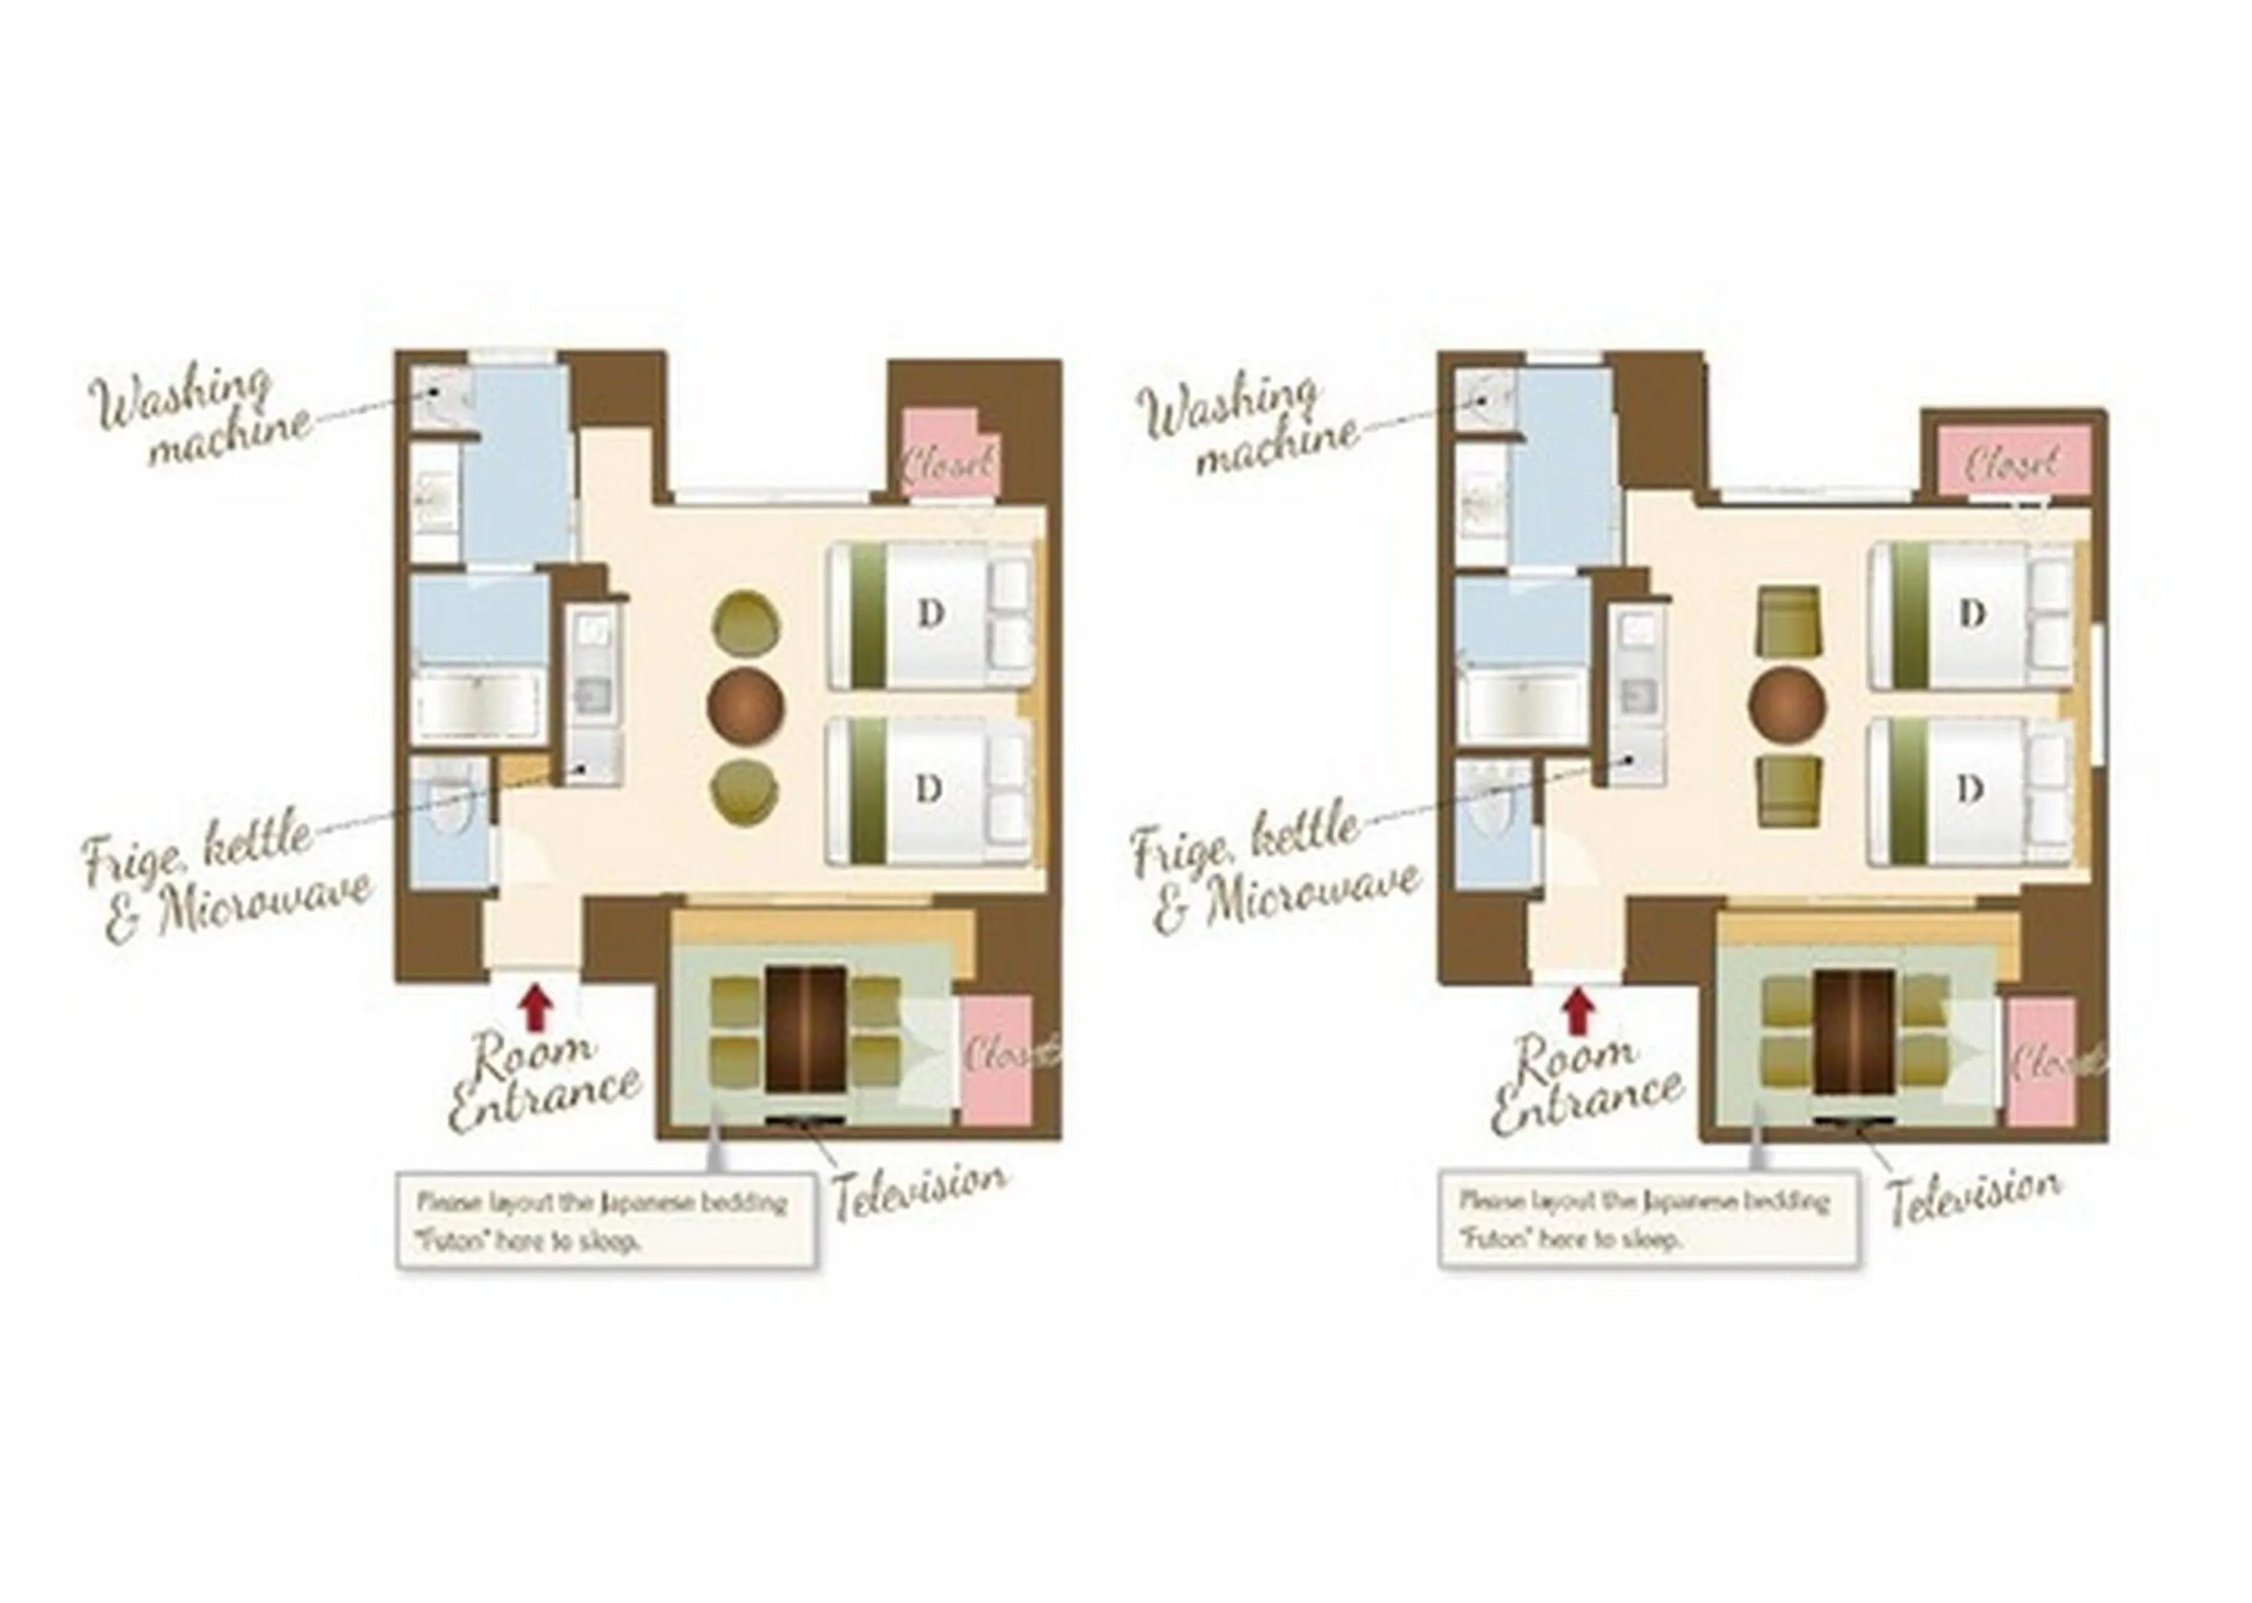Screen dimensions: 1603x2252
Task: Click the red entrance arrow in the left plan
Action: pyautogui.click(x=537, y=1011)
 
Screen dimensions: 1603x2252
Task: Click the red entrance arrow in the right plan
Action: pyautogui.click(x=1580, y=1011)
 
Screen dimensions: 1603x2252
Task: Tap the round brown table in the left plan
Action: pyautogui.click(x=745, y=706)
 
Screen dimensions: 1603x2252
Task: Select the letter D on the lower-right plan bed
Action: pyautogui.click(x=1970, y=789)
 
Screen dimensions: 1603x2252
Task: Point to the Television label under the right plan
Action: pyautogui.click(x=1973, y=1197)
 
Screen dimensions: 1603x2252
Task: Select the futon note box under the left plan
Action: pyautogui.click(x=606, y=1219)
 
